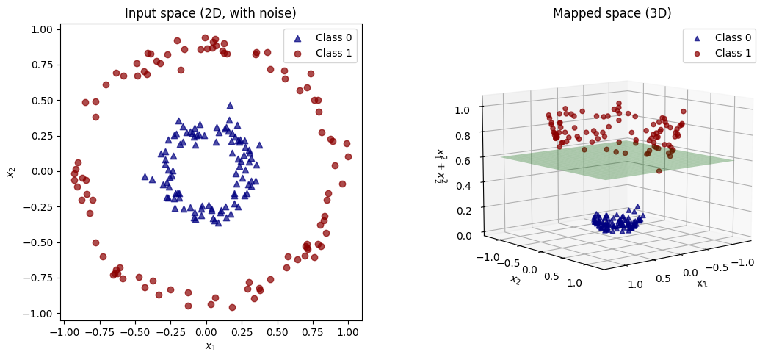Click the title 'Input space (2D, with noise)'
coord(210,13)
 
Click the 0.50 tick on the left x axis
coord(278,332)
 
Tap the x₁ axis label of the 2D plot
coord(210,346)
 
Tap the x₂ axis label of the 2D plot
coord(11,171)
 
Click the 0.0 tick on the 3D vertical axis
coord(468,235)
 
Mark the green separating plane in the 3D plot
coord(617,162)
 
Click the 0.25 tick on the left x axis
coord(242,332)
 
